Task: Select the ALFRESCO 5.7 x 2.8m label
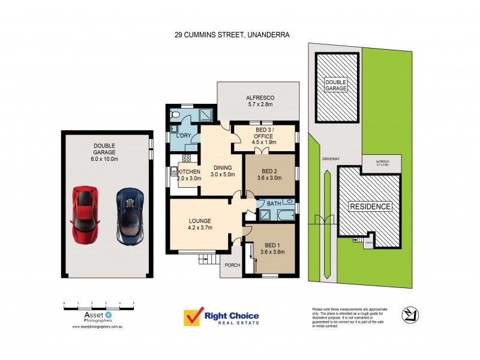pos(260,101)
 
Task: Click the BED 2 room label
pos(269,174)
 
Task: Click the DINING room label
pos(222,171)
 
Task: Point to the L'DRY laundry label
pos(183,136)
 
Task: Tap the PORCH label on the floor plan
pos(231,265)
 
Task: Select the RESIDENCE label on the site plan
pos(370,207)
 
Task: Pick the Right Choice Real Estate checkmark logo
pos(193,318)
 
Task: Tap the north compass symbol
pos(411,313)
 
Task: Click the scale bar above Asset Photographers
pos(99,307)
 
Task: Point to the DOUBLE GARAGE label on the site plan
pos(337,85)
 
